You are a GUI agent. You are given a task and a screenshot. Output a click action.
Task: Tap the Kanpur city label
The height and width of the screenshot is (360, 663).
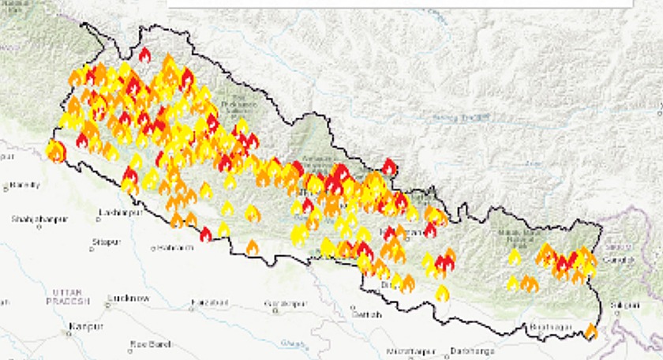click(88, 325)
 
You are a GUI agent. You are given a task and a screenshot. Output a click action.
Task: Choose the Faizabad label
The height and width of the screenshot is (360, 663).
click(209, 302)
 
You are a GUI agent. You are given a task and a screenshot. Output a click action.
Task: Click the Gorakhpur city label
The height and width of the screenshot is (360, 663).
click(287, 303)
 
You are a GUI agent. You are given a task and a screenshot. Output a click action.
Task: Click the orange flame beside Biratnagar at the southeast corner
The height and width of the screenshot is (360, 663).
click(590, 332)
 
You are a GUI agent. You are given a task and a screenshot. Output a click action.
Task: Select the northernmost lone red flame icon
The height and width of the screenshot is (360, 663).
click(144, 54)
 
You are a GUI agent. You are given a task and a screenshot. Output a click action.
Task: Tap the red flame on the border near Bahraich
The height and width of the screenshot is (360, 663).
click(206, 234)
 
